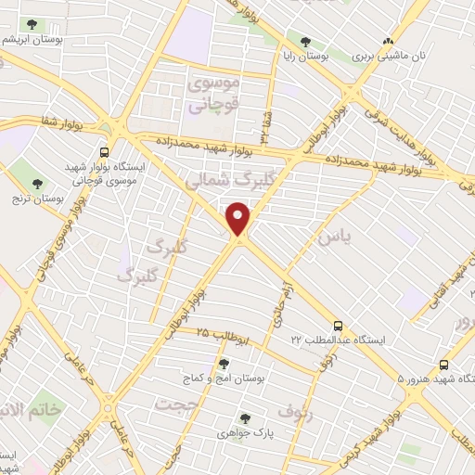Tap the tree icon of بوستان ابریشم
[32, 25]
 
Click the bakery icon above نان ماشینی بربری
[388, 42]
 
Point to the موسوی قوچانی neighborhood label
[214, 95]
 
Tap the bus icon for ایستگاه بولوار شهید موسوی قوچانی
[105, 150]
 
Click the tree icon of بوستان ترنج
[38, 183]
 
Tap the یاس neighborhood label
[335, 237]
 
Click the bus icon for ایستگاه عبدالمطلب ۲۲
[340, 326]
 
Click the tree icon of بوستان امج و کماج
[224, 364]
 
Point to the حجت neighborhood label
[177, 404]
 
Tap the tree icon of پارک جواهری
[245, 418]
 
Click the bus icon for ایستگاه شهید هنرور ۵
[443, 365]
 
